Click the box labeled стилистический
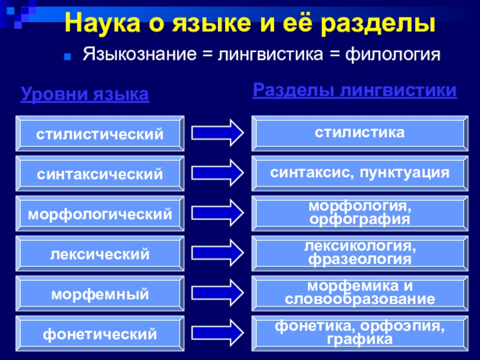[100, 134]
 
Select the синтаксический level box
[100, 174]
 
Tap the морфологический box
[100, 214]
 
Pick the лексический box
[100, 254]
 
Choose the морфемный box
[100, 294]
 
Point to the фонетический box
[100, 334]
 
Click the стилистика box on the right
[359, 133]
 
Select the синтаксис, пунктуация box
[359, 173]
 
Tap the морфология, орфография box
[359, 213]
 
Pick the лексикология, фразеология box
[359, 253]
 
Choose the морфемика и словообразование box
[359, 293]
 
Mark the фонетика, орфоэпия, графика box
[359, 334]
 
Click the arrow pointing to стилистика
[217, 133]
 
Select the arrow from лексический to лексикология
[217, 253]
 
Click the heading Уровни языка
[85, 94]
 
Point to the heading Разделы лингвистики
[355, 91]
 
